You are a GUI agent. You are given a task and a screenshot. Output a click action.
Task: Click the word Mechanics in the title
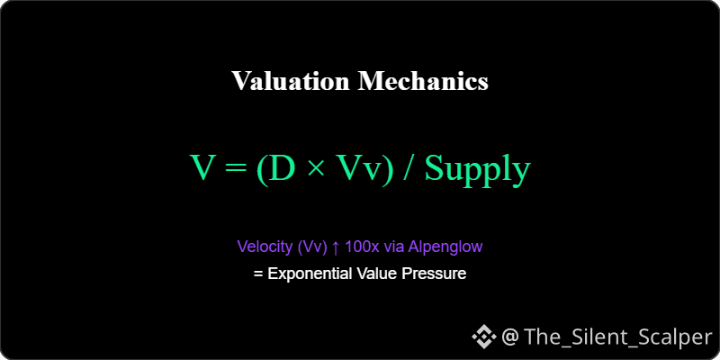coord(423,81)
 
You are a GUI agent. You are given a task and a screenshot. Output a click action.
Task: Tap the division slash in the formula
coord(409,169)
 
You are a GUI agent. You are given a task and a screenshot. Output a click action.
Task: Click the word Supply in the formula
coord(478,171)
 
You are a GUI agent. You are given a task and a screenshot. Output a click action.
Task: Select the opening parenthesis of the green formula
coord(263,170)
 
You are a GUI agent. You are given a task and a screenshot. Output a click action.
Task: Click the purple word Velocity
coord(265,247)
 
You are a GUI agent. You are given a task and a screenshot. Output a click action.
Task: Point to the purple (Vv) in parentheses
coord(312,247)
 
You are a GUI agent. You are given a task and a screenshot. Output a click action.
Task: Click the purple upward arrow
coord(336,247)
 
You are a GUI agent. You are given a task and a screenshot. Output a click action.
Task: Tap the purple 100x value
coord(362,247)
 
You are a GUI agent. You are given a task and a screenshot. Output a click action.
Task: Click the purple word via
coord(393,247)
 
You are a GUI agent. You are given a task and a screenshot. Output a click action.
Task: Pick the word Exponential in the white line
coord(310,274)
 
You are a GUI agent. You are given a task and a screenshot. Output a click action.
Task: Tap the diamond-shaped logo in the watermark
coord(484,337)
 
